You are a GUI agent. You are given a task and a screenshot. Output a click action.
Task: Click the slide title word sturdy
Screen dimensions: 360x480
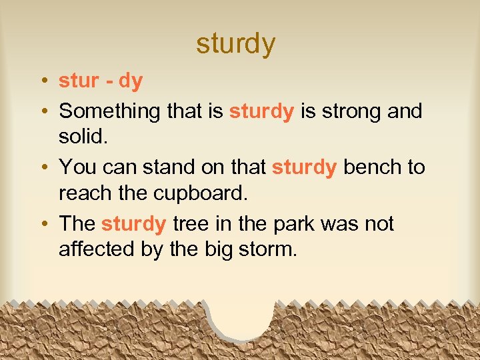pyautogui.click(x=235, y=43)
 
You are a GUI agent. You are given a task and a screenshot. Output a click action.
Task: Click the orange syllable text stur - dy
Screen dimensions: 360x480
pyautogui.click(x=101, y=81)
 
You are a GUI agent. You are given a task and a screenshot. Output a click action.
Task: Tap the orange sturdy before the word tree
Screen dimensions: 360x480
pyautogui.click(x=133, y=223)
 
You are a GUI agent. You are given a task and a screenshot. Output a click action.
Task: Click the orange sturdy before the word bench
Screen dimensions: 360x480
pyautogui.click(x=304, y=167)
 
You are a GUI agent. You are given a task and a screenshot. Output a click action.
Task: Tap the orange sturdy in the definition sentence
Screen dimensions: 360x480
pyautogui.click(x=261, y=111)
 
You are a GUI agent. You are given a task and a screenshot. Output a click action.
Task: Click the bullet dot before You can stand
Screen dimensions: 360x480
pyautogui.click(x=42, y=167)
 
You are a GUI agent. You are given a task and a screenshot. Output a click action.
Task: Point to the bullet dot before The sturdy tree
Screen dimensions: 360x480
pyautogui.click(x=42, y=224)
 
